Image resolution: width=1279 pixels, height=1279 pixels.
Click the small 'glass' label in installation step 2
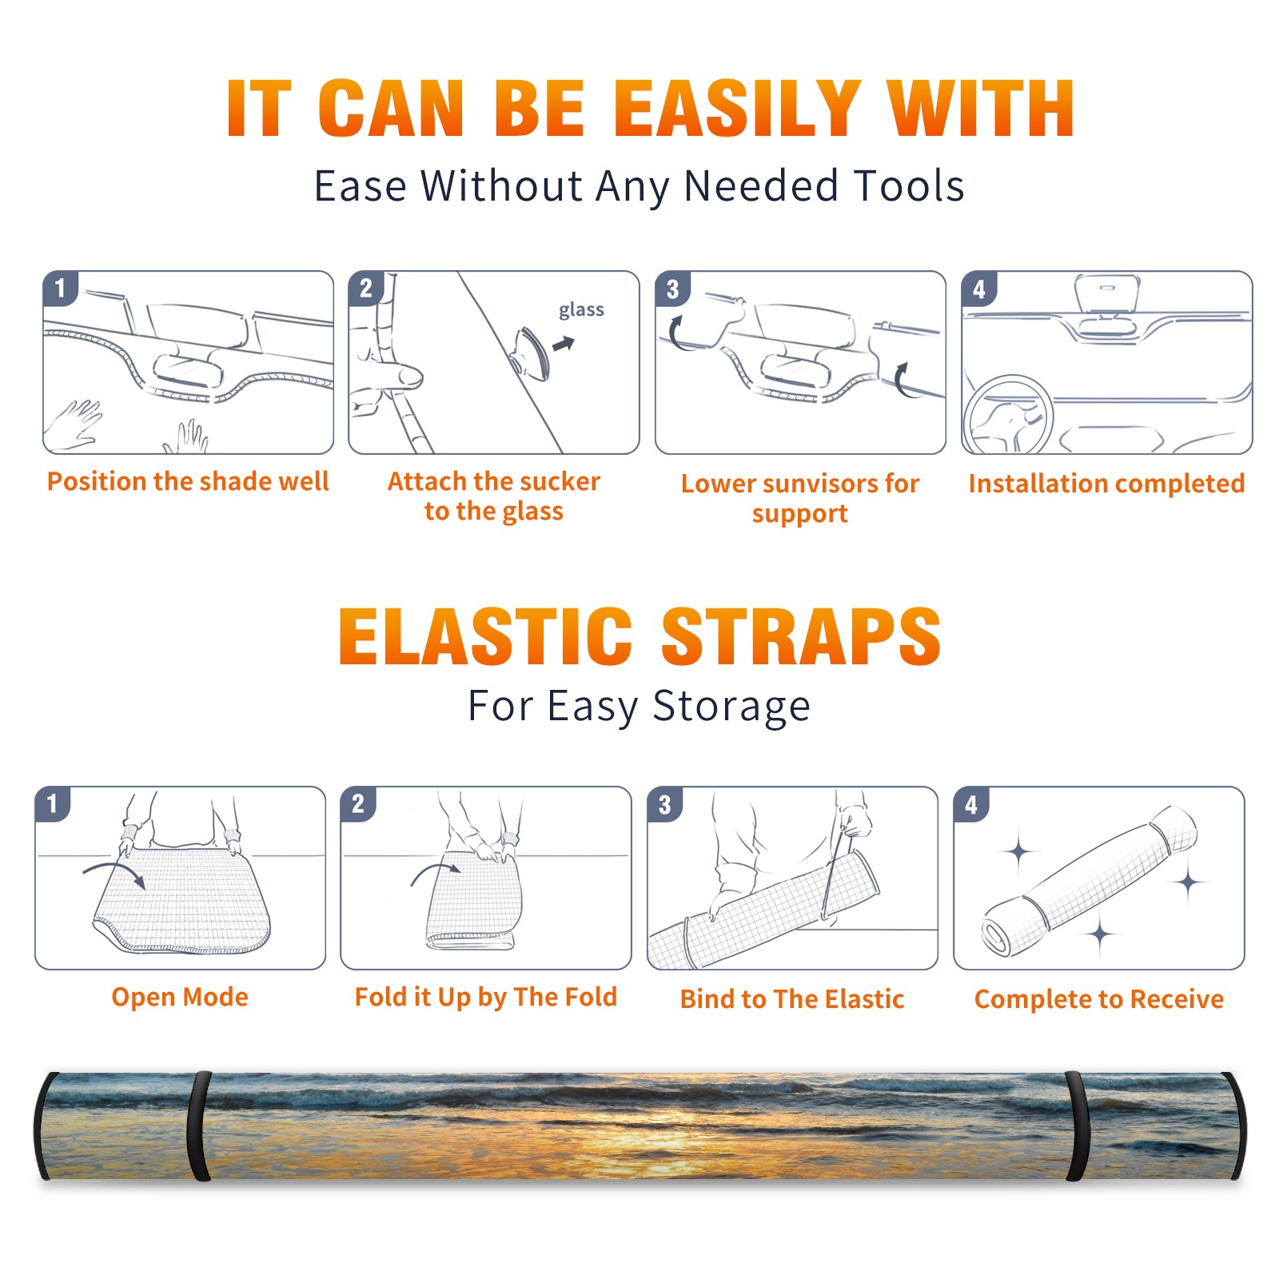click(x=581, y=310)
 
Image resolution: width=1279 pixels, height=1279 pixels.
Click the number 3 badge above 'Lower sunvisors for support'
click(x=673, y=289)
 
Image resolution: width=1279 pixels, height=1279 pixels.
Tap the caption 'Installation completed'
click(x=1106, y=484)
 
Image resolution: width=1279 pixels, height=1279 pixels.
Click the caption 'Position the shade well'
click(x=188, y=481)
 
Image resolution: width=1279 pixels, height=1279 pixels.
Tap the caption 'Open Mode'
click(x=180, y=997)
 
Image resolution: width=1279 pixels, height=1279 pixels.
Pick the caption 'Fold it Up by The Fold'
click(x=486, y=997)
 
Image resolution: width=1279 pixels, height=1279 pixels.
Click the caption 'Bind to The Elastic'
click(x=792, y=999)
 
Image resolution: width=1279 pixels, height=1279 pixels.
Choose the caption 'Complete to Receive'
click(x=1099, y=999)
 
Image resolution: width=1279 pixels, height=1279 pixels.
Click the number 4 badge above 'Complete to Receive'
click(x=971, y=804)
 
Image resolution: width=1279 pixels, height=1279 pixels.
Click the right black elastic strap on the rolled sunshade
click(x=1078, y=1126)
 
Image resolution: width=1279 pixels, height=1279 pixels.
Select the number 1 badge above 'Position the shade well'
click(x=61, y=289)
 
